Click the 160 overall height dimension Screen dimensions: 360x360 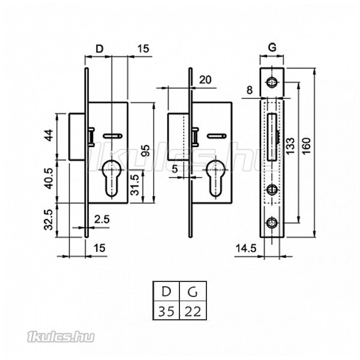306,146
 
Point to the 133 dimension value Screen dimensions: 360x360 290,146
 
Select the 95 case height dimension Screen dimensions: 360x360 145,151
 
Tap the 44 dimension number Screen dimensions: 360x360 49,135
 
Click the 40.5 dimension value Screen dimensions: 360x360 49,179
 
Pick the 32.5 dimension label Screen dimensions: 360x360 49,220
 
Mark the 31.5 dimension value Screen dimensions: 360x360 135,185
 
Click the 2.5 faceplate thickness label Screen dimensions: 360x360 102,220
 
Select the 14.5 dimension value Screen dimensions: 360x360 246,248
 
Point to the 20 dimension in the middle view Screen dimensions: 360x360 205,80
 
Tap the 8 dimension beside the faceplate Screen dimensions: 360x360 250,90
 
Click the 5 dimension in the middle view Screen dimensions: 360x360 175,169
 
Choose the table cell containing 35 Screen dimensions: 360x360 166,310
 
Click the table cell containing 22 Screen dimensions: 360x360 193,310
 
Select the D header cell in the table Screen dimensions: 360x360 166,291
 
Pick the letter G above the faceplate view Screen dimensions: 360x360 272,48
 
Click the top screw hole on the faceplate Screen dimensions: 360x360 272,82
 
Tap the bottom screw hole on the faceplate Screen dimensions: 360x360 272,222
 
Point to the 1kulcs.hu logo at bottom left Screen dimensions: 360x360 61,337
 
